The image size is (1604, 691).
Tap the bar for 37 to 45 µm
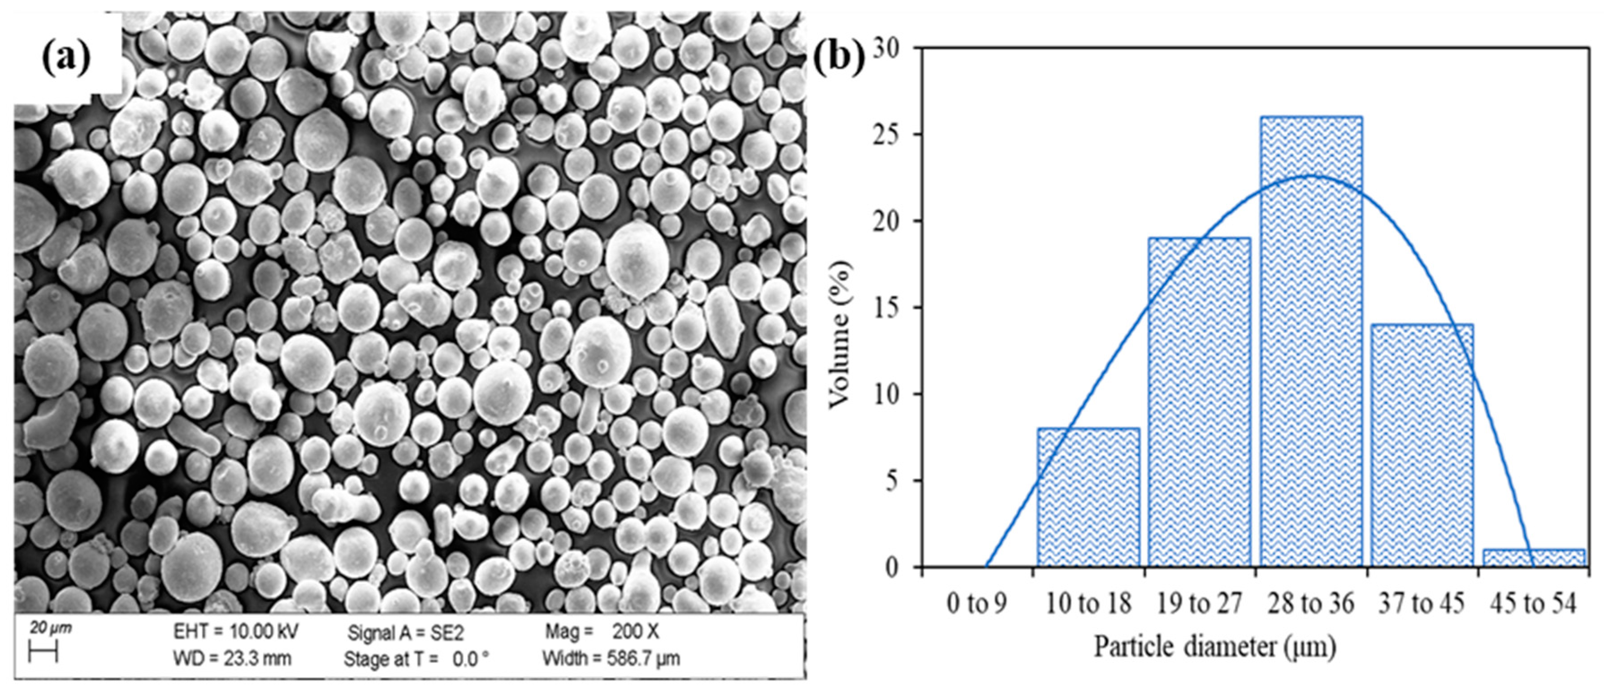(x=1422, y=445)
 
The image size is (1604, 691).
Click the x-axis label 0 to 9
(x=976, y=603)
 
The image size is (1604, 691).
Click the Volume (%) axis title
(x=840, y=335)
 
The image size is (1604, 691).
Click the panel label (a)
(x=66, y=58)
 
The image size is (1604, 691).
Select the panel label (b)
(x=839, y=58)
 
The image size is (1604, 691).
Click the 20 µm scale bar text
(x=50, y=628)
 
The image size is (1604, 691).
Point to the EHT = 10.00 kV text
(x=235, y=631)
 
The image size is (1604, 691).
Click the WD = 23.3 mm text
(x=232, y=658)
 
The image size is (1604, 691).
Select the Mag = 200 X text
(x=602, y=631)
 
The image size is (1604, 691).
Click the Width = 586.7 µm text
(x=611, y=658)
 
